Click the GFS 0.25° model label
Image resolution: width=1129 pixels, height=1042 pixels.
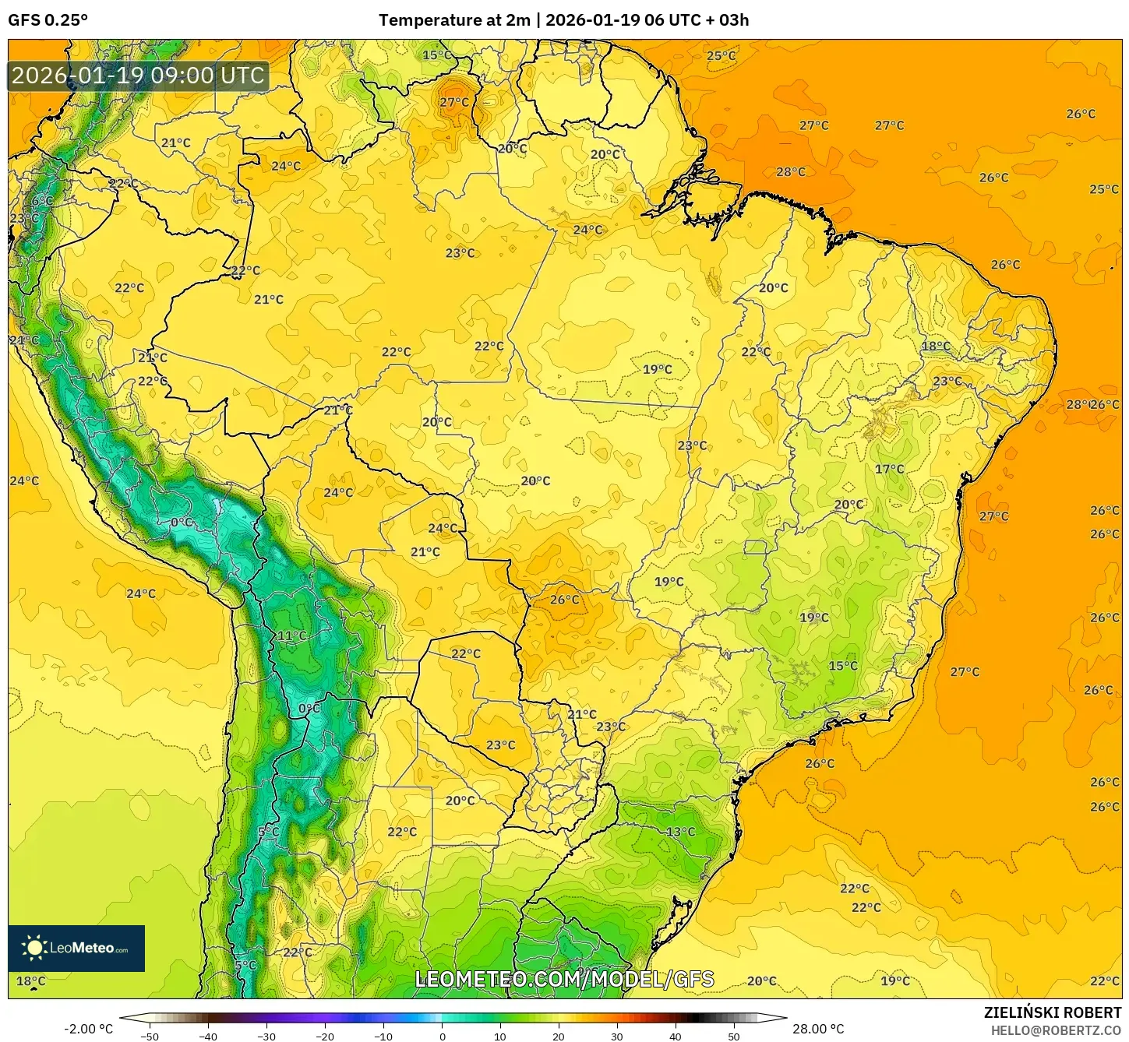48,20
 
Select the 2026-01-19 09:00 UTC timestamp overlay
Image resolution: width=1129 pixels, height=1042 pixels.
138,76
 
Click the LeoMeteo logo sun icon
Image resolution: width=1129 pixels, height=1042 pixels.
34,948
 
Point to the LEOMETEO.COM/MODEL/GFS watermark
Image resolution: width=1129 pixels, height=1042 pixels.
564,979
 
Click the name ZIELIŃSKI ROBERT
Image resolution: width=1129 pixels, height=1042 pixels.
1052,1012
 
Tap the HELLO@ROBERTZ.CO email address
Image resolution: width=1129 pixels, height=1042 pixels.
1056,1030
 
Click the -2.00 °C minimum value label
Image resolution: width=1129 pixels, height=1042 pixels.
88,1029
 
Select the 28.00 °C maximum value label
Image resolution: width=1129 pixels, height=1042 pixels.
818,1029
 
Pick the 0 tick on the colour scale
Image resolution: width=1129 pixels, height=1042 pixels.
442,1036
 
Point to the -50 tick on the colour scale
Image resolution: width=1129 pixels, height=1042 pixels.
150,1036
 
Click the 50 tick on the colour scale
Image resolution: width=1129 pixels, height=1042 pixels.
734,1036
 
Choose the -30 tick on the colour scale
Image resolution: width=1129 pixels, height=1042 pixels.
266,1036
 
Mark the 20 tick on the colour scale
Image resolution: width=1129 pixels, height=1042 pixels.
559,1036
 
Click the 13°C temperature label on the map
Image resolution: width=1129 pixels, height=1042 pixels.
680,832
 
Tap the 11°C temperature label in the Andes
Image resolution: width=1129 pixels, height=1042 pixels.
292,635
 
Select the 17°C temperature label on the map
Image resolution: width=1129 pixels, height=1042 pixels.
889,469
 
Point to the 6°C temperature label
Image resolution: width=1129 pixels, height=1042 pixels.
43,201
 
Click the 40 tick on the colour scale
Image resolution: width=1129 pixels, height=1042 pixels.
676,1036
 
